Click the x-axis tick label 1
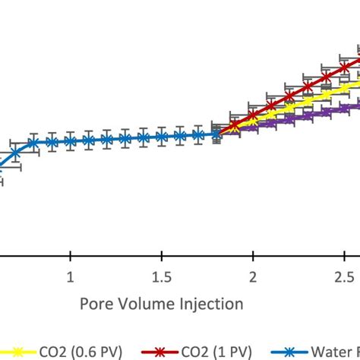[x=71, y=276]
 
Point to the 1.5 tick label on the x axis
[x=161, y=276]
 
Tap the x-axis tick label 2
[x=253, y=276]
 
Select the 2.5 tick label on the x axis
[x=344, y=276]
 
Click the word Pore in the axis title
[x=97, y=304]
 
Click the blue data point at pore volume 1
[x=71, y=141]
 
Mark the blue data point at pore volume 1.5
[x=161, y=137]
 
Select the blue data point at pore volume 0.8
[x=34, y=142]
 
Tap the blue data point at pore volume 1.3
[x=125, y=139]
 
